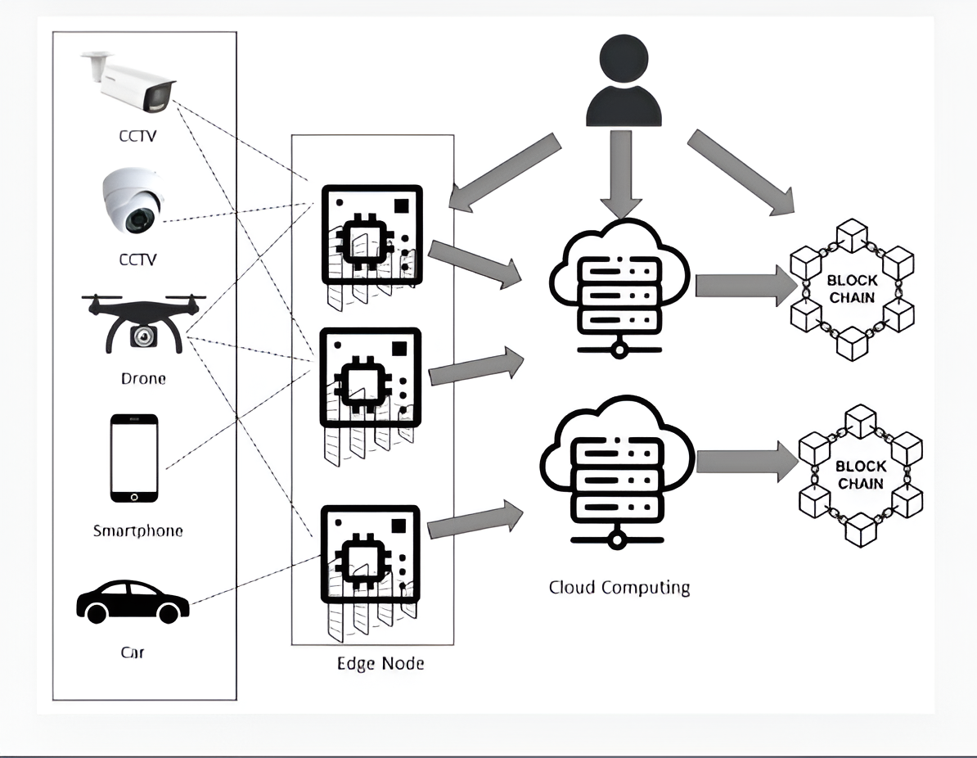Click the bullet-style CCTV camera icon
point(131,83)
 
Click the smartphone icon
point(134,458)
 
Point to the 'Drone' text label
point(143,379)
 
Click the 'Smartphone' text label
point(137,530)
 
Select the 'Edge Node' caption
point(380,663)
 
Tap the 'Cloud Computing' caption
point(619,587)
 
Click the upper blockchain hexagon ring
point(852,289)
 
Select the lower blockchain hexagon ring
point(860,475)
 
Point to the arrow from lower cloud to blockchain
point(746,463)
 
